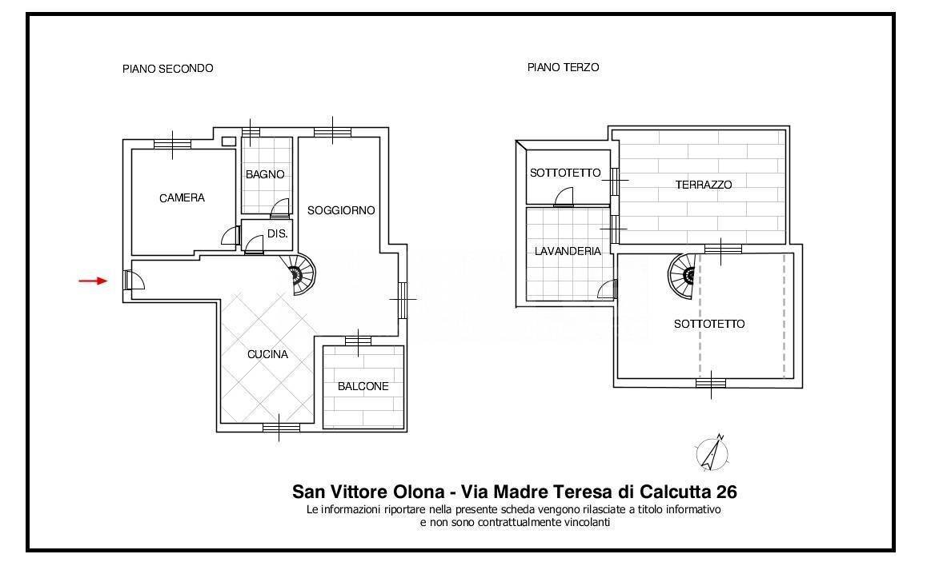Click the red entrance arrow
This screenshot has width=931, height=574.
coord(93,281)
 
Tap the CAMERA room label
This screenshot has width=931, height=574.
coord(182,198)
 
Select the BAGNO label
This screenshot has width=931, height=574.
coord(265,174)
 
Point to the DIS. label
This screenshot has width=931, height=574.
coord(277,233)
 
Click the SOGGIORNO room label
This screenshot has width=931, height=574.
coord(341,210)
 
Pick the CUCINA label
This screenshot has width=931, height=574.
coord(267,355)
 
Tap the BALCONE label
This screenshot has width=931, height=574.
coord(363,387)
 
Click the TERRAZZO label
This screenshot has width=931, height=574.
coord(704,185)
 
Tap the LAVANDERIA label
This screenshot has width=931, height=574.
coord(568,251)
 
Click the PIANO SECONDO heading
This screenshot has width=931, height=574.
coord(167,69)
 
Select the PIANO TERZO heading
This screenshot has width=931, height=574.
coord(563,68)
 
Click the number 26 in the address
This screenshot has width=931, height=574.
coord(727,492)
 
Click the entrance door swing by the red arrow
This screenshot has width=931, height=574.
coord(134,280)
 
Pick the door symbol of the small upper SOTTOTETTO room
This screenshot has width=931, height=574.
coord(564,197)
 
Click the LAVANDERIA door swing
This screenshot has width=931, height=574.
coord(608,289)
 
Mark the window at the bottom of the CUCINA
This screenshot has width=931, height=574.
coord(281,428)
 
